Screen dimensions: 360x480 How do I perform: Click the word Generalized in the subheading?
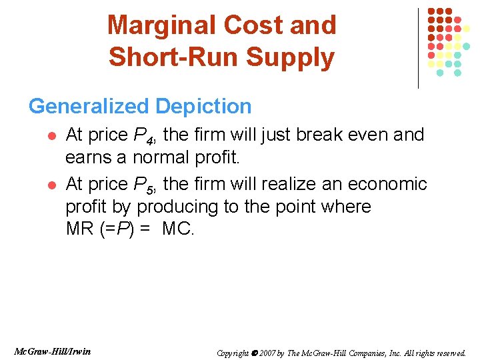pos(89,106)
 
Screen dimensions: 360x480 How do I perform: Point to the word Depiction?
pos(203,106)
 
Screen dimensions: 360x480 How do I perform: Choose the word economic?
pos(391,183)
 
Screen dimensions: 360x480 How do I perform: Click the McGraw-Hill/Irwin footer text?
pos(51,351)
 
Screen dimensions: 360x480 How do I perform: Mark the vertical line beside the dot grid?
pos(419,48)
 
